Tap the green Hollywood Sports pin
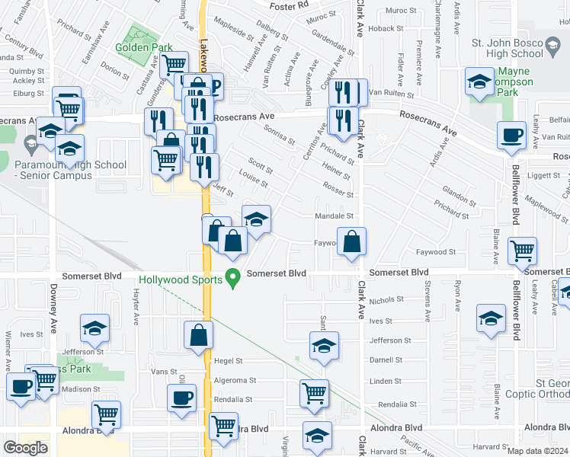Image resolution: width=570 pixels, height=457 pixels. click(236, 279)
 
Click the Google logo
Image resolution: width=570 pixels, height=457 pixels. click(25, 448)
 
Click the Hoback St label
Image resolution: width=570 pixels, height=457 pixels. click(380, 28)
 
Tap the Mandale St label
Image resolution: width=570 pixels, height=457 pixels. click(335, 216)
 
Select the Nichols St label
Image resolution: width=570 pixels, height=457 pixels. click(386, 301)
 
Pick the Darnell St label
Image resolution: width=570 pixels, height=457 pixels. click(385, 360)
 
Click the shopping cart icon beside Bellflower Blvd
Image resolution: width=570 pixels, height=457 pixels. click(523, 249)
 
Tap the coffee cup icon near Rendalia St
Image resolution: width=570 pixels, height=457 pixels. click(183, 398)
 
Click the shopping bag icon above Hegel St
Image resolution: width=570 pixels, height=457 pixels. click(198, 335)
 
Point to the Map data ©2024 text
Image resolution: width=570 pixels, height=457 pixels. click(537, 452)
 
